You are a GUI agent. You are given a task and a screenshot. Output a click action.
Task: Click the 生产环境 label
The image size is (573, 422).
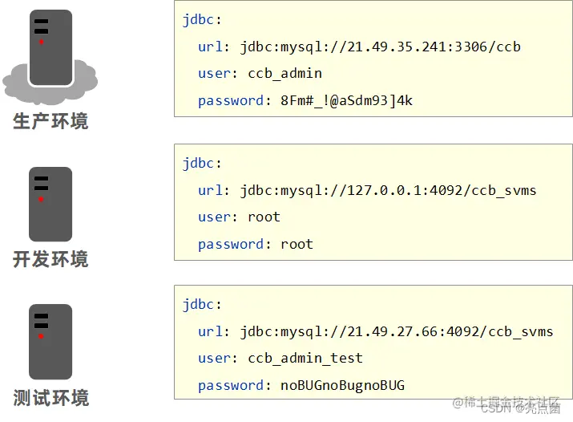[50, 122]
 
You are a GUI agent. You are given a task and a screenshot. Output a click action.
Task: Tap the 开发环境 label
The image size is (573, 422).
[50, 260]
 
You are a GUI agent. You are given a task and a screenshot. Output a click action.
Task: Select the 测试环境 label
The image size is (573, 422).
[50, 398]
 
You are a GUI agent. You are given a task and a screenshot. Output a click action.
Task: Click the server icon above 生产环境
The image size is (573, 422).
[50, 47]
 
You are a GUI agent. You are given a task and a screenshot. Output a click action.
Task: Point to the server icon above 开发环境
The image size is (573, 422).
[50, 204]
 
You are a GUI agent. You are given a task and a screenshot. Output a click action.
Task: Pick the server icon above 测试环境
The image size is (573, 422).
[50, 342]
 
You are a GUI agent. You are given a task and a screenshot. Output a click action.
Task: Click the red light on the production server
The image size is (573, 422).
[41, 41]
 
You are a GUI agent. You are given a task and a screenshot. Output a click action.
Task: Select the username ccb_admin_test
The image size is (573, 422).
[305, 358]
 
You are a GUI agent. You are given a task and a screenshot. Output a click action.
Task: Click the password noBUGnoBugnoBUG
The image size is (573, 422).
[342, 385]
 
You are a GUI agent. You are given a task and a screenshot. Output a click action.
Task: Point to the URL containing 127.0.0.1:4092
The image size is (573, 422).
[388, 190]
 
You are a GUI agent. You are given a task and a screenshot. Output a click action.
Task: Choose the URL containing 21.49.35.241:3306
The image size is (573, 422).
[380, 47]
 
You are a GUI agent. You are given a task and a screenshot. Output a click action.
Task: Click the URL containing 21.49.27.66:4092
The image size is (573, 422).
[396, 331]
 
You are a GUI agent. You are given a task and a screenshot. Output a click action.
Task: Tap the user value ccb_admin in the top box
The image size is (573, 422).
[284, 73]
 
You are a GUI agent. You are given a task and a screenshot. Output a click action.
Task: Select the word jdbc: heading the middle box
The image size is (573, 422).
[199, 163]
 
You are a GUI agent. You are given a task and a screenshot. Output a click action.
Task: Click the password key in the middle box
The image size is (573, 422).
[231, 244]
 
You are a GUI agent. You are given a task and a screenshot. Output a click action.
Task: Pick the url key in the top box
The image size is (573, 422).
[211, 47]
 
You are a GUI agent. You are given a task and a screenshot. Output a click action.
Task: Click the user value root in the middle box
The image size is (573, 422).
[264, 217]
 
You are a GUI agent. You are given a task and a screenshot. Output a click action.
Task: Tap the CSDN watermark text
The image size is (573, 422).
[496, 408]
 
